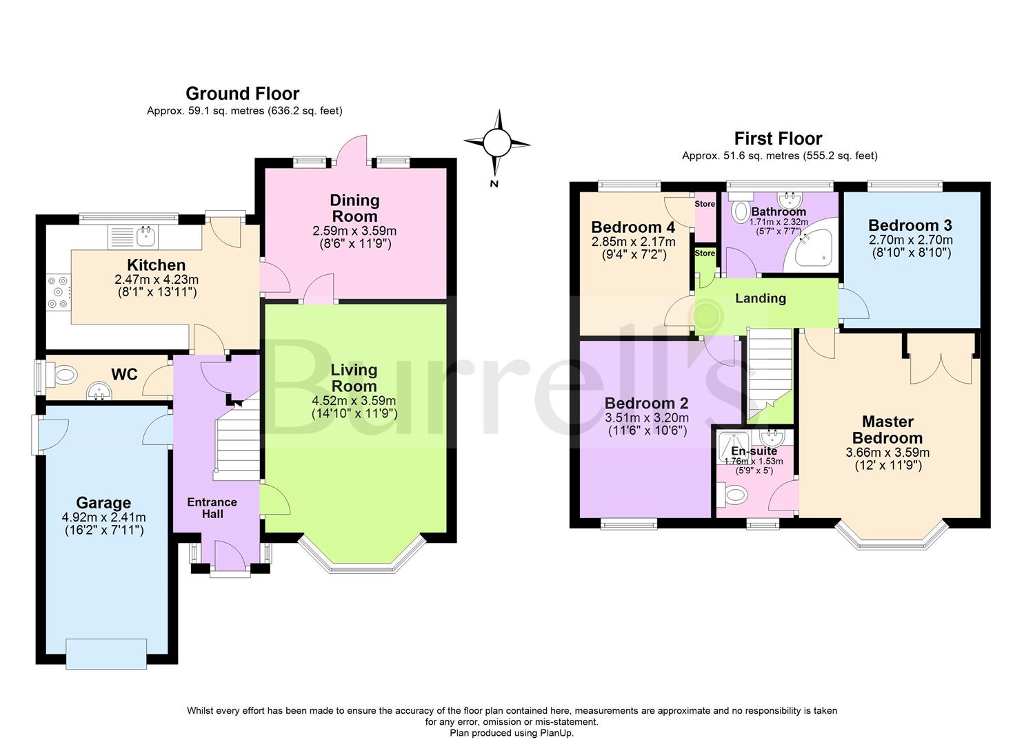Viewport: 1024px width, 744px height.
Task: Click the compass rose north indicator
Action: (496, 144)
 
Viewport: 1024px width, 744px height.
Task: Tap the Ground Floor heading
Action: (242, 94)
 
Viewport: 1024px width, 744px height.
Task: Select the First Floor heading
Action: (778, 138)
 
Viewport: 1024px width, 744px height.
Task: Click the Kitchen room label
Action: (156, 265)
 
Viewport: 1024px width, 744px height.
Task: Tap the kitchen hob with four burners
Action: (58, 292)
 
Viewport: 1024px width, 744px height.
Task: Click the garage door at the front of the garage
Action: (106, 653)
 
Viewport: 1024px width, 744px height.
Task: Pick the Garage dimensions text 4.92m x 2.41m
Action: (103, 517)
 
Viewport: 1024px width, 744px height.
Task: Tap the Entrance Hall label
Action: (212, 508)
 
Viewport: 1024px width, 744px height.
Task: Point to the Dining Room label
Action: (354, 208)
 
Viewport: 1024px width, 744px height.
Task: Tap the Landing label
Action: (760, 298)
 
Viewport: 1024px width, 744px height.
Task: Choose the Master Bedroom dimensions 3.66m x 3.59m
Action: (887, 453)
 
